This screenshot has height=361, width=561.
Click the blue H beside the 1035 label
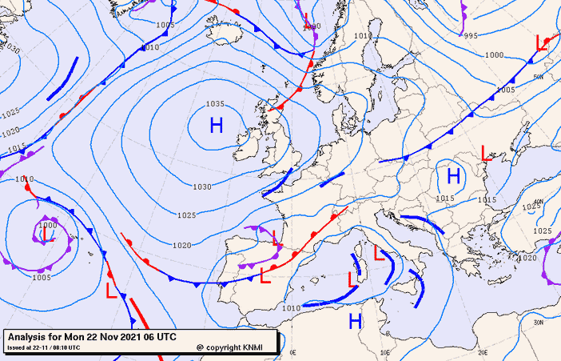(x=216, y=126)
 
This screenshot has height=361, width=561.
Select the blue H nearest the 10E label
(x=356, y=321)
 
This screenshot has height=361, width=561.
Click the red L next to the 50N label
(x=542, y=43)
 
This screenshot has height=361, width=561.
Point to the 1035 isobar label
(x=214, y=104)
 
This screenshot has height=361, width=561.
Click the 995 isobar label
(x=471, y=35)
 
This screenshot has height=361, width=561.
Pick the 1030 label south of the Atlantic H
(x=202, y=187)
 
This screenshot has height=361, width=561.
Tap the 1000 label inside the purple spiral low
(x=47, y=226)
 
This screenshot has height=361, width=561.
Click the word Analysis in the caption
(x=27, y=336)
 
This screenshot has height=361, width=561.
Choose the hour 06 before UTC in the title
(x=152, y=336)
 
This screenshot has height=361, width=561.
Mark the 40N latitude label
(x=538, y=202)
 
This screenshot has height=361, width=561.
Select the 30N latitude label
(x=538, y=322)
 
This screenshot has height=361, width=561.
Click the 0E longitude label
(x=292, y=352)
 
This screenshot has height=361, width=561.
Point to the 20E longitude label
(x=483, y=352)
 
